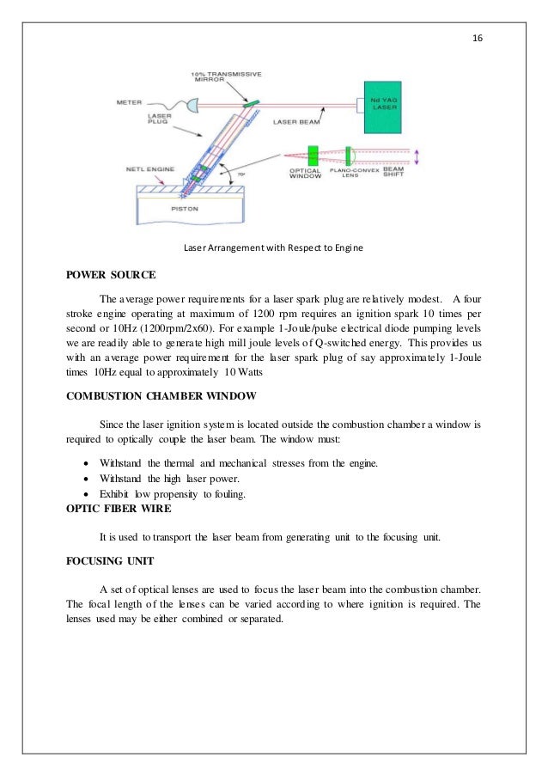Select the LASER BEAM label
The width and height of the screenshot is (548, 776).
click(296, 123)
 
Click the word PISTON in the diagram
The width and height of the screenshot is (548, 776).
click(178, 206)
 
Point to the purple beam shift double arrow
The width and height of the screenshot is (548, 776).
click(417, 156)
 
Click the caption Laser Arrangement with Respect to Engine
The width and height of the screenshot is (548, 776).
click(273, 249)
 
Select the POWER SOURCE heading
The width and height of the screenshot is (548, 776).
click(111, 276)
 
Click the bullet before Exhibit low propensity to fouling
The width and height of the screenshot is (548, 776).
click(81, 494)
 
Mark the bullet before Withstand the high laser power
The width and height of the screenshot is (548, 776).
click(81, 479)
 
